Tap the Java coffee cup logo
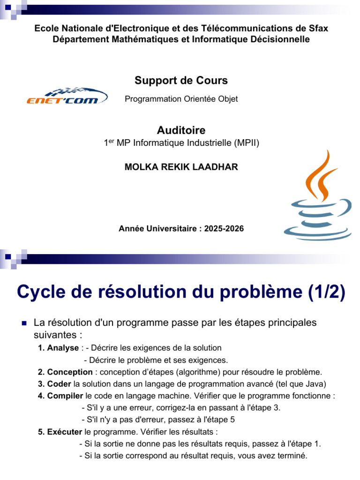(x=318, y=197)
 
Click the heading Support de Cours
(x=181, y=81)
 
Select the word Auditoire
(x=181, y=130)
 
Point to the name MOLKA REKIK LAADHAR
(x=181, y=167)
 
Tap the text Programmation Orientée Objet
(x=181, y=99)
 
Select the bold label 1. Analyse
(x=58, y=348)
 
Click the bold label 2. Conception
(x=65, y=372)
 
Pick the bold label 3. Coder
(x=55, y=384)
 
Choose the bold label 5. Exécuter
(x=60, y=432)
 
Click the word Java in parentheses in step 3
(x=315, y=384)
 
